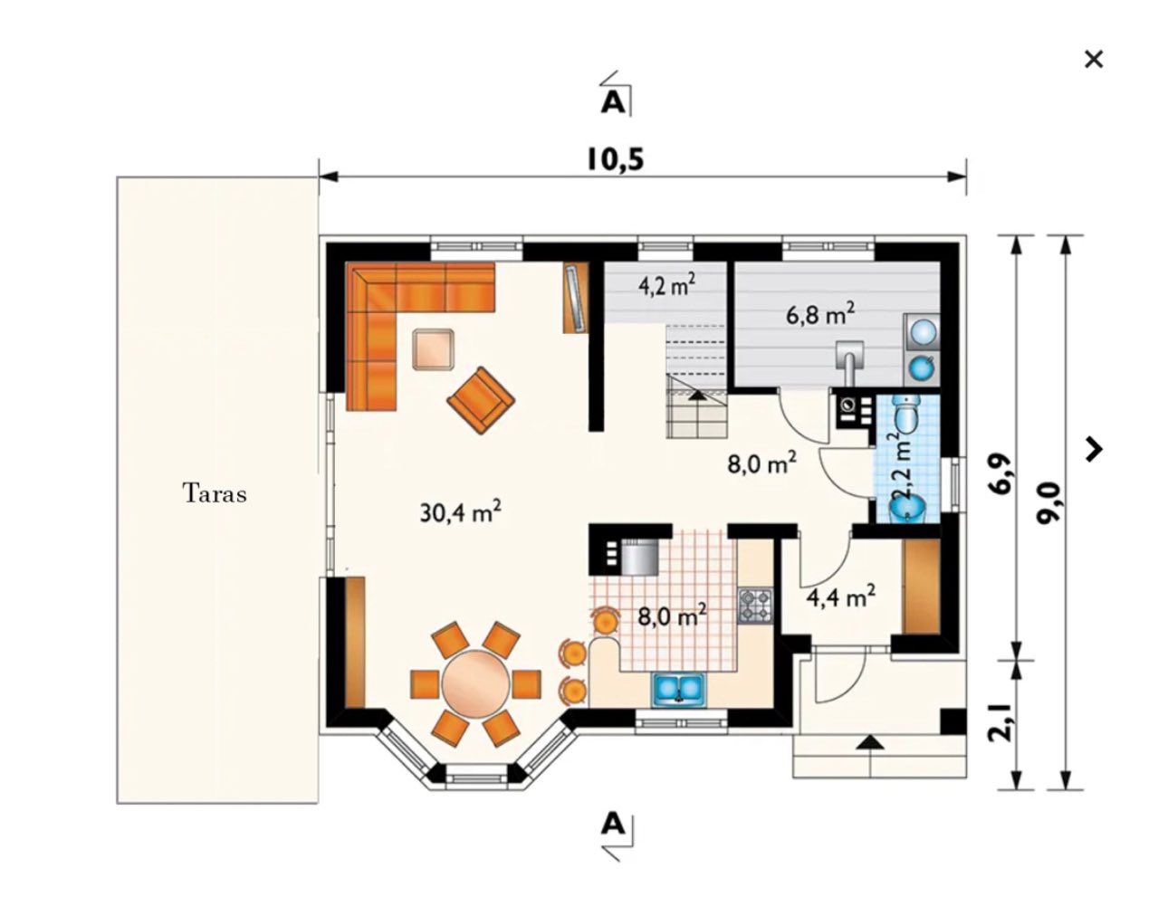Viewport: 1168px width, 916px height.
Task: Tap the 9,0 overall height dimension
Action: (x=1052, y=512)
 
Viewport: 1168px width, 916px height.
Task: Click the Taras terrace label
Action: (x=215, y=494)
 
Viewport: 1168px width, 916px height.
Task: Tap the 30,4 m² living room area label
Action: (x=461, y=513)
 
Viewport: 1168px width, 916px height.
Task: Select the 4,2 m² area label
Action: (x=666, y=286)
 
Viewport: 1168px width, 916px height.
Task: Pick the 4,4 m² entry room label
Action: (x=840, y=596)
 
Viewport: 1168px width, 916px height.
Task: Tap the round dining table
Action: (x=475, y=682)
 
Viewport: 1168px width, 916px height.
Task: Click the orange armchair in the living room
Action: (x=480, y=399)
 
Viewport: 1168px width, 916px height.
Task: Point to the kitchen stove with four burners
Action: (x=755, y=606)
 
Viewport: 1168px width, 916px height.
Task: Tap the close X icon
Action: (x=1094, y=60)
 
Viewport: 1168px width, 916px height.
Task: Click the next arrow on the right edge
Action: (x=1096, y=449)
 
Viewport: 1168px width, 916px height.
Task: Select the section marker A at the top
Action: (x=614, y=101)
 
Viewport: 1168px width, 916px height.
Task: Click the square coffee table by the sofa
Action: (x=432, y=348)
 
